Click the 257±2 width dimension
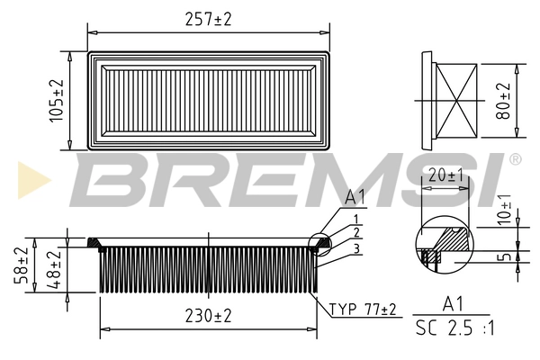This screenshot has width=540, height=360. tap(208, 19)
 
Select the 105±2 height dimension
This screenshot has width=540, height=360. tap(57, 101)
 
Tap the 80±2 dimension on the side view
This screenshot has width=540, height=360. tap(503, 101)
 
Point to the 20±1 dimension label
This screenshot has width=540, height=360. tap(446, 175)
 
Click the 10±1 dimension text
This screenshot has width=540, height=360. tap(504, 210)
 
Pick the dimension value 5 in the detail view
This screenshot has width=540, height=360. tap(505, 256)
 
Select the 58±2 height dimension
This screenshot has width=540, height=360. tap(22, 265)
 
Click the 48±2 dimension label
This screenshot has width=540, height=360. tap(54, 270)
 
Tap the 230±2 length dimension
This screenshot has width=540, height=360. tap(208, 316)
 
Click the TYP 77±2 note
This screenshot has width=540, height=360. tap(363, 310)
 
